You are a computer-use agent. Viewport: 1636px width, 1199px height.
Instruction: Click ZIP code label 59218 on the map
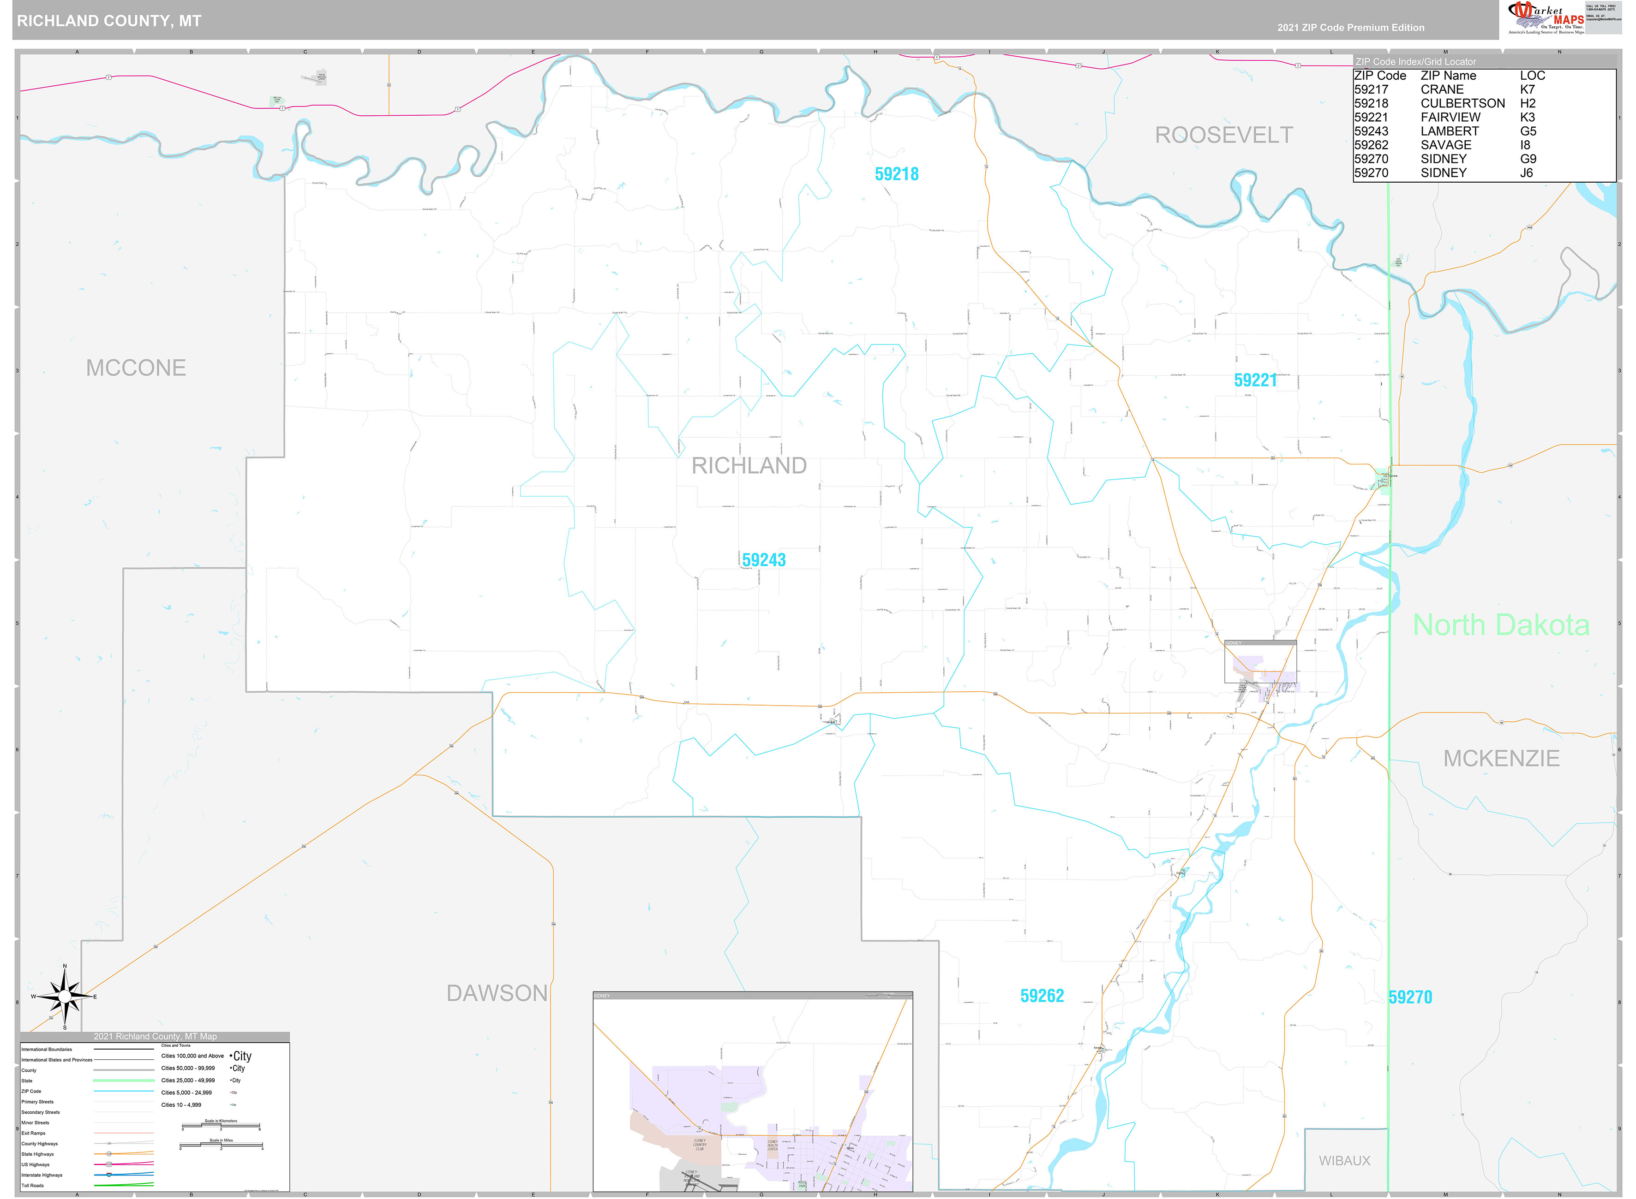click(x=896, y=174)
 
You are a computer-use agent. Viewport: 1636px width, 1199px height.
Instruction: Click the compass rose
click(x=65, y=997)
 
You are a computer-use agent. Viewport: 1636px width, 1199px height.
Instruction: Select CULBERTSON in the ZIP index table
click(x=1462, y=103)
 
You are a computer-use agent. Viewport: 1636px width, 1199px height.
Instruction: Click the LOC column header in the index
click(x=1532, y=76)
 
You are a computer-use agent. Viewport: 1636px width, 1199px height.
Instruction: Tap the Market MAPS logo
click(x=1545, y=18)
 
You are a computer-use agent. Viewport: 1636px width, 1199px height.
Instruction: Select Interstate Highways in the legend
click(x=42, y=1175)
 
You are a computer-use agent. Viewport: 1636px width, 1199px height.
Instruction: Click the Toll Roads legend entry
click(x=33, y=1185)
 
